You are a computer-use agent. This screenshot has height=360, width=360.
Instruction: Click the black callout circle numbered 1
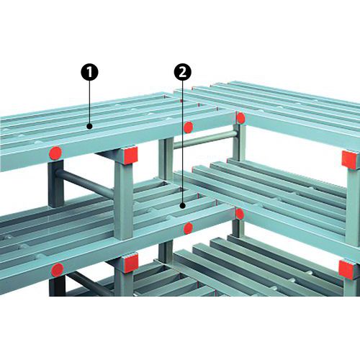[x=89, y=72]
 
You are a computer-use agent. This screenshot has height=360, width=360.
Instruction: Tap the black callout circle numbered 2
[x=183, y=72]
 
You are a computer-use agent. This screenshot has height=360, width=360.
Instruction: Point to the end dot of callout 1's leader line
[x=89, y=126]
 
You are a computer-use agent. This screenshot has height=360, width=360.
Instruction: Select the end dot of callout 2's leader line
[x=183, y=205]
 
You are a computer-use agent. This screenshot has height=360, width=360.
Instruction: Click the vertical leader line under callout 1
[x=89, y=102]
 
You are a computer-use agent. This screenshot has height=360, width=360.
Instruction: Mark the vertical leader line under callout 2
[x=183, y=142]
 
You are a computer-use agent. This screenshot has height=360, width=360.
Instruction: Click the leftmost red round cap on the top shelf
[x=55, y=153]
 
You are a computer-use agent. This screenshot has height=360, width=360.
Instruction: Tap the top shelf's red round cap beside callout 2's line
[x=188, y=127]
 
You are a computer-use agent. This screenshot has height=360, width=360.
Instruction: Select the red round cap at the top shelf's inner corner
[x=240, y=118]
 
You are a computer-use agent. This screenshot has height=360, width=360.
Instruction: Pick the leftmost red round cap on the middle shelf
[x=58, y=269]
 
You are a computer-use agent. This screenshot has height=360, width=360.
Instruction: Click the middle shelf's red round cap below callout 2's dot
[x=188, y=228]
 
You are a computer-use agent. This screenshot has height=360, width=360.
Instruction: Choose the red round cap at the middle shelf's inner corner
[x=240, y=214]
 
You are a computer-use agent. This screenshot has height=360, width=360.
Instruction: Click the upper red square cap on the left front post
[x=131, y=155]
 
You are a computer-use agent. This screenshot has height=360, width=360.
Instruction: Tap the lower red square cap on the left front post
[x=131, y=264]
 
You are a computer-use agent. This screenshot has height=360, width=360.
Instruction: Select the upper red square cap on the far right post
[x=351, y=160]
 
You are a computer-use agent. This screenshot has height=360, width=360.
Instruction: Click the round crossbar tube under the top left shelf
[x=89, y=184]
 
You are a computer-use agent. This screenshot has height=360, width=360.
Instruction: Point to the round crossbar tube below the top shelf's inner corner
[x=205, y=139]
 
